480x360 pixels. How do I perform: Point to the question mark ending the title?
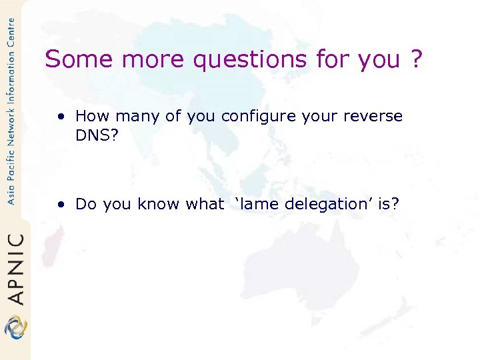tap(417, 60)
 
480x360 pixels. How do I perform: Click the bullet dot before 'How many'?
tap(61, 117)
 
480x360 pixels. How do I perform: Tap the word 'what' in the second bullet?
tap(205, 204)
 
